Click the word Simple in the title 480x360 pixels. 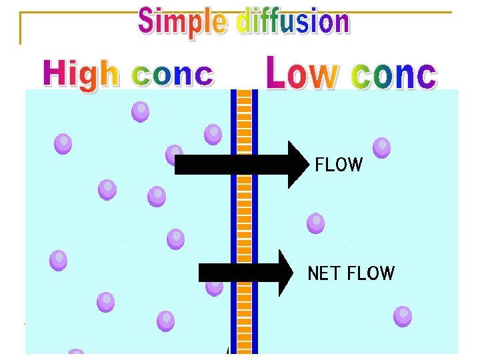(x=181, y=22)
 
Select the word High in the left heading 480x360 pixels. (x=81, y=74)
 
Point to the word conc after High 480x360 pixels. (x=173, y=75)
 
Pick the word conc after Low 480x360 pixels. (x=394, y=75)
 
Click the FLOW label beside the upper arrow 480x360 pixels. (x=339, y=165)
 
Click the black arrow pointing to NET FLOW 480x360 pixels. (x=240, y=273)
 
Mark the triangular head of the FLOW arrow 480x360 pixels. (x=299, y=164)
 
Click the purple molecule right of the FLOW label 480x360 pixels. (x=382, y=147)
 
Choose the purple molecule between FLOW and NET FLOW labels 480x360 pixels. (x=316, y=223)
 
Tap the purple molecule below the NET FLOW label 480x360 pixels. (x=403, y=315)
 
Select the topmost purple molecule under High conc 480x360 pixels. (x=140, y=111)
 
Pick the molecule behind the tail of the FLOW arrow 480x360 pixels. (x=175, y=153)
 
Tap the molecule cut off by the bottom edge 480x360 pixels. (x=76, y=353)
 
